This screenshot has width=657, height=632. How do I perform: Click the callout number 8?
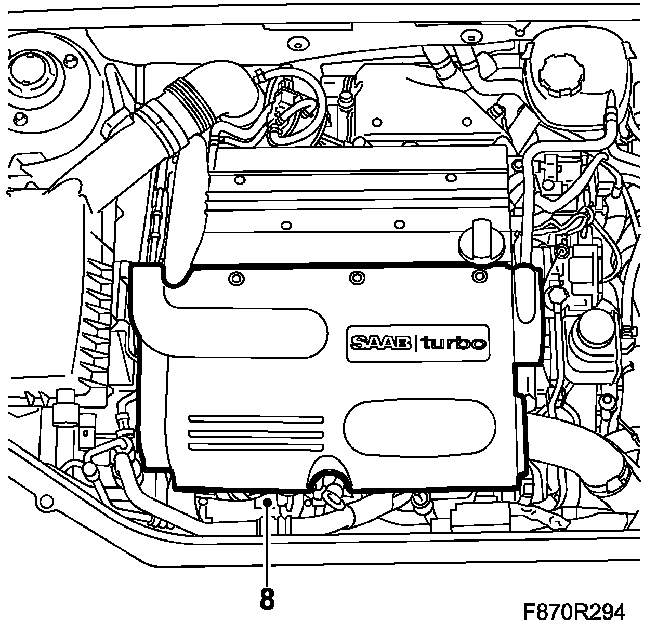[267, 600]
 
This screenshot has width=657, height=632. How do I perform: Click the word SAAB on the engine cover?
[380, 343]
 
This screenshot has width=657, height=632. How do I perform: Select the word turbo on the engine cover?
[453, 343]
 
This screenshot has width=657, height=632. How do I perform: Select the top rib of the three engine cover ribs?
[256, 418]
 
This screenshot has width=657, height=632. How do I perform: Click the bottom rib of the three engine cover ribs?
[256, 447]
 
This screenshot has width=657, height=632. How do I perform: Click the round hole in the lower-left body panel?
[46, 502]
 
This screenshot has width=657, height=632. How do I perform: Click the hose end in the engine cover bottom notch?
[331, 494]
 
